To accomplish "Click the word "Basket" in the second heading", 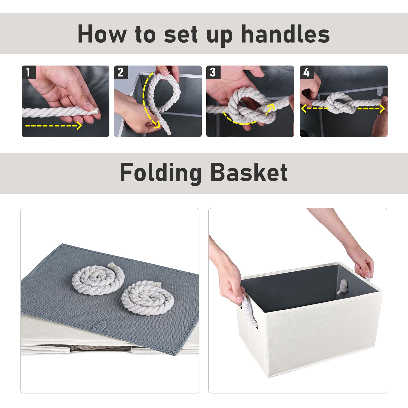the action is pos(249,172).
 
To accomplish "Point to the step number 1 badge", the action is pos(29,72).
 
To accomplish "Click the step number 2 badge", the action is pos(121,72).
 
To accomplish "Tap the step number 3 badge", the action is pos(213,72).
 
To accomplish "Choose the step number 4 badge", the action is pos(307,72).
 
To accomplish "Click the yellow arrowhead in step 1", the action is pos(80,125).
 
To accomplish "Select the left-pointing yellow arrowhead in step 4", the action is pos(304,108).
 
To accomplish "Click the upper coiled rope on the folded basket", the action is pos(98,278).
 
